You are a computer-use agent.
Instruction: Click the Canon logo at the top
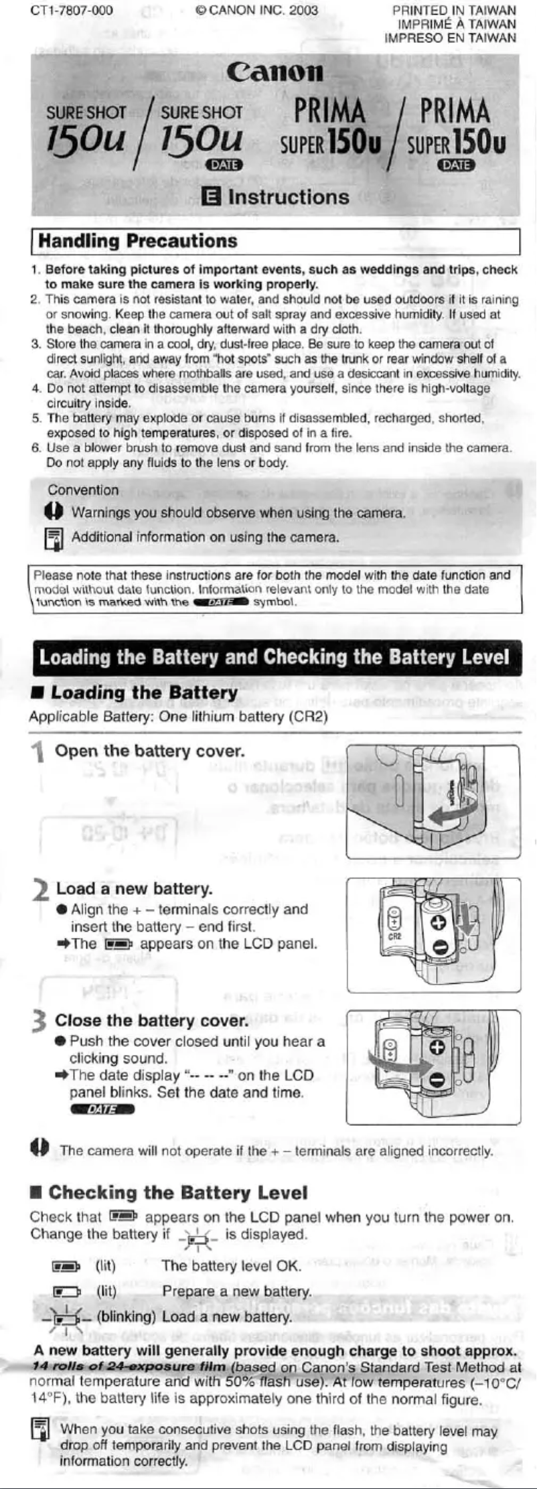tap(275, 72)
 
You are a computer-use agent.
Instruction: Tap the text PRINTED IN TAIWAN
tap(454, 10)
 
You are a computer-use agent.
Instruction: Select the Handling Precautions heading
tap(138, 241)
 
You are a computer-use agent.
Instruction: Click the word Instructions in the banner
tap(289, 197)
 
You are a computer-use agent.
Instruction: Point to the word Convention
tap(83, 490)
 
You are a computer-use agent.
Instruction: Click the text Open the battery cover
tap(150, 751)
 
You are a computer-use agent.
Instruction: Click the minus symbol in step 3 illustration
tap(438, 1078)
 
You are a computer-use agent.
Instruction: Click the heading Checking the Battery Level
tap(177, 1193)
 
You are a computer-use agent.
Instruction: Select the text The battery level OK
tap(232, 1266)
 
